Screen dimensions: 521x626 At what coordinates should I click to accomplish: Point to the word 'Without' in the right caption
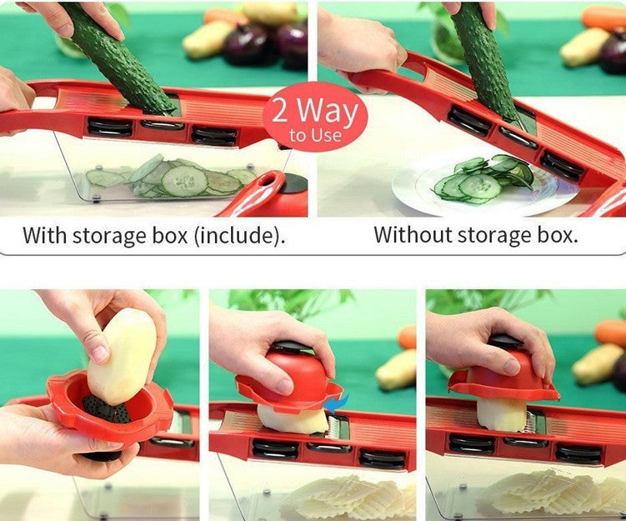(x=409, y=234)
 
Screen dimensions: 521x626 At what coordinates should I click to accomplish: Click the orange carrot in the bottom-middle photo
(x=407, y=337)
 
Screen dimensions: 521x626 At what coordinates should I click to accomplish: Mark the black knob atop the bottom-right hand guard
(x=505, y=341)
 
